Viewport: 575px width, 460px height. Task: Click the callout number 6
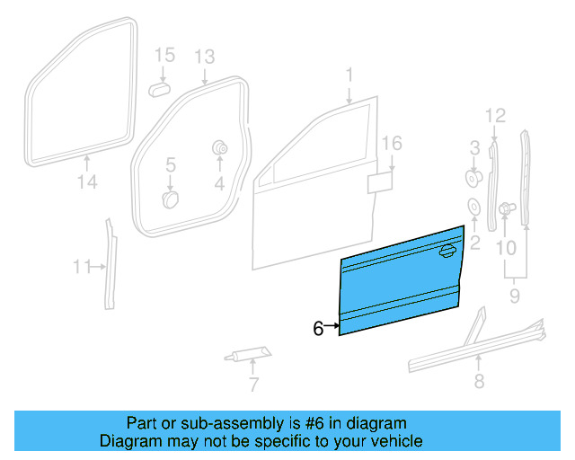(x=318, y=329)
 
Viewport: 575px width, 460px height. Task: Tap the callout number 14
(x=85, y=184)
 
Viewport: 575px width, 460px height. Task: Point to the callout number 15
(x=163, y=56)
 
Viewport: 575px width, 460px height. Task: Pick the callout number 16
(x=391, y=144)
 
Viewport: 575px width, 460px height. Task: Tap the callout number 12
(x=496, y=115)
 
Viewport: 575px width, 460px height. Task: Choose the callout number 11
(x=83, y=266)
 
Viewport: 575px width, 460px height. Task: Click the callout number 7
(x=253, y=385)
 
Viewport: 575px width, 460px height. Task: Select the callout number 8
(x=479, y=382)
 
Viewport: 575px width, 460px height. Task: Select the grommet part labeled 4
(x=218, y=148)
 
